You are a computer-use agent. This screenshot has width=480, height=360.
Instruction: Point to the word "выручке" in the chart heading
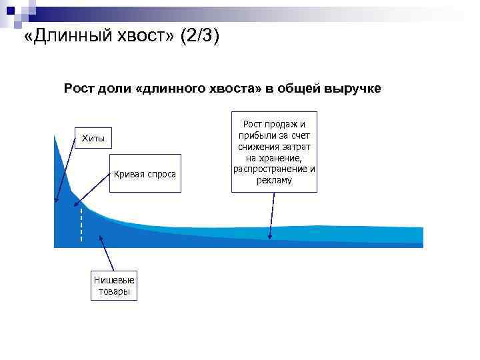(353, 88)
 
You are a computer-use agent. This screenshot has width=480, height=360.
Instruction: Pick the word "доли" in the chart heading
(113, 88)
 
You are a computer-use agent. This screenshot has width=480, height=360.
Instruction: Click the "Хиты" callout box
(93, 138)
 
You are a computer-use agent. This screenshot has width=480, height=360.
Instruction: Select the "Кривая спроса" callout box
(145, 174)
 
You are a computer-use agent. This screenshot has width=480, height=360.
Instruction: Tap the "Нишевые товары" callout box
(113, 286)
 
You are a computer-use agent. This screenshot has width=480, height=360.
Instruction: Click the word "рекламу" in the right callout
(274, 181)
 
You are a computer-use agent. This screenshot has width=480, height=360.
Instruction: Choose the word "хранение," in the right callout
(274, 158)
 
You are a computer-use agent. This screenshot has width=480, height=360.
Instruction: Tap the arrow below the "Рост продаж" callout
(271, 215)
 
